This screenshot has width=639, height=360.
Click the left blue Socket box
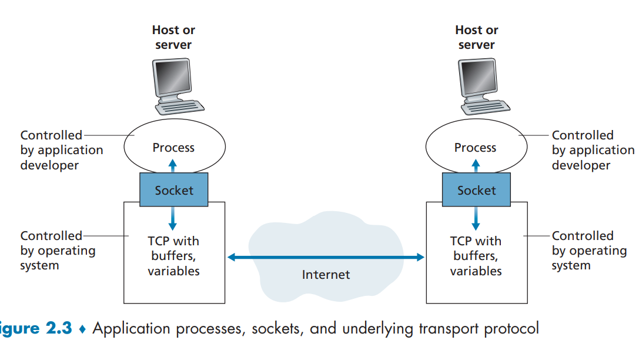173,190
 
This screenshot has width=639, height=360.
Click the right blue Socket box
476,190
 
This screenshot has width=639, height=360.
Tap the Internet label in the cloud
326,275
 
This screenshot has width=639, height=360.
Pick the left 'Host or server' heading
173,37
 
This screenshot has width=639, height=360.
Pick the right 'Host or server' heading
477,37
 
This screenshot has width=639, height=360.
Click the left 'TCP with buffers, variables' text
173,256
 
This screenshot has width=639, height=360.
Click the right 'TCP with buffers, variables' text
476,256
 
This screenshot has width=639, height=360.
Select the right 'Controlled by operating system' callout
588,251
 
